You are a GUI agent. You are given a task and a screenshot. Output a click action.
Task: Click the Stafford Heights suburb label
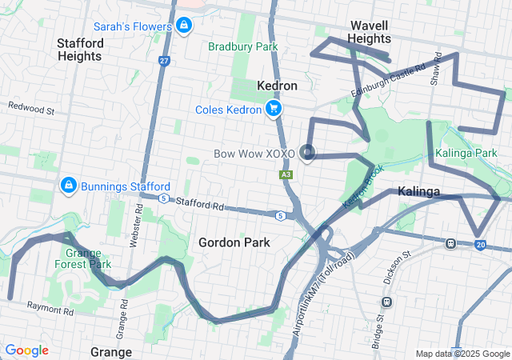[x=79, y=49]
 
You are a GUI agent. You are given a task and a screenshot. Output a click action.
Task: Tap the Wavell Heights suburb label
[x=370, y=32]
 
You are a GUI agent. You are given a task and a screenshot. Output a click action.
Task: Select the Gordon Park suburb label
[x=234, y=242]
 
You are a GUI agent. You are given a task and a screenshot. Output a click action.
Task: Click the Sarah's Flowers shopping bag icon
[x=185, y=26]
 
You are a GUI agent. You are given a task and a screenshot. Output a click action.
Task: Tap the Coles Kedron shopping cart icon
[x=274, y=109]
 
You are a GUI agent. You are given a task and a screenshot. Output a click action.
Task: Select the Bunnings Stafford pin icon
[x=69, y=186]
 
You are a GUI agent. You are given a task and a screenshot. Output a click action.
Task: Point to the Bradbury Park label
[x=242, y=46]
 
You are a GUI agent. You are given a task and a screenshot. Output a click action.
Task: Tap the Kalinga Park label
[x=467, y=153]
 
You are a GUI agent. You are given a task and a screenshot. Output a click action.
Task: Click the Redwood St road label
[x=31, y=106]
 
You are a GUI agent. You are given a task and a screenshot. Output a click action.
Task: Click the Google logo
[x=26, y=350]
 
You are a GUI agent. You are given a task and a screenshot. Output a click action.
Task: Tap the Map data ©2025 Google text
[x=462, y=354]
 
